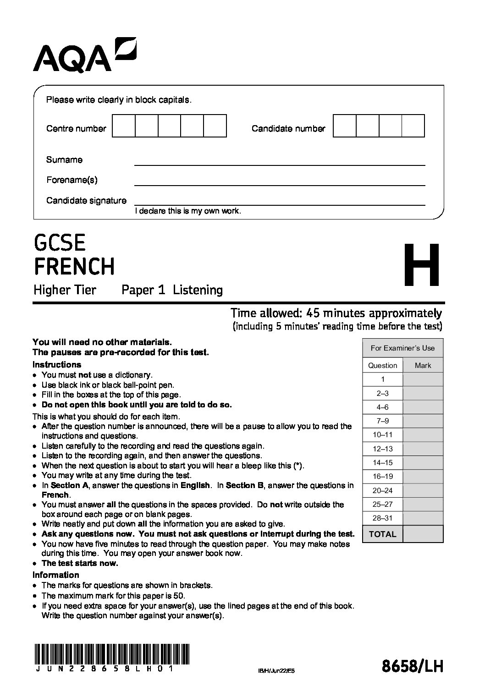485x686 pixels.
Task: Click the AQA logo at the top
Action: (x=84, y=56)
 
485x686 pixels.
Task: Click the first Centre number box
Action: (x=124, y=126)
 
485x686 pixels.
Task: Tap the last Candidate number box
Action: (x=413, y=126)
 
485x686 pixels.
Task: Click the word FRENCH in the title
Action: (x=74, y=266)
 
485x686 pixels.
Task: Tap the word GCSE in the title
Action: (x=60, y=242)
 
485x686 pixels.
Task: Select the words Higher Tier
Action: (x=65, y=290)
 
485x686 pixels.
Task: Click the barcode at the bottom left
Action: (x=111, y=651)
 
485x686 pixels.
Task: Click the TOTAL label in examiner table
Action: (x=382, y=534)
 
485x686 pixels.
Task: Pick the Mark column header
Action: (x=423, y=365)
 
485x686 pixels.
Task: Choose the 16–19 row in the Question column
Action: (x=382, y=477)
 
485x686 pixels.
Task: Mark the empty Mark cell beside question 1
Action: (x=423, y=379)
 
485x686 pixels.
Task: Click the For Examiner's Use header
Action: (x=402, y=348)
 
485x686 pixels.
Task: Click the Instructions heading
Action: (x=57, y=365)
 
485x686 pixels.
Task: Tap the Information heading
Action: (x=56, y=575)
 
